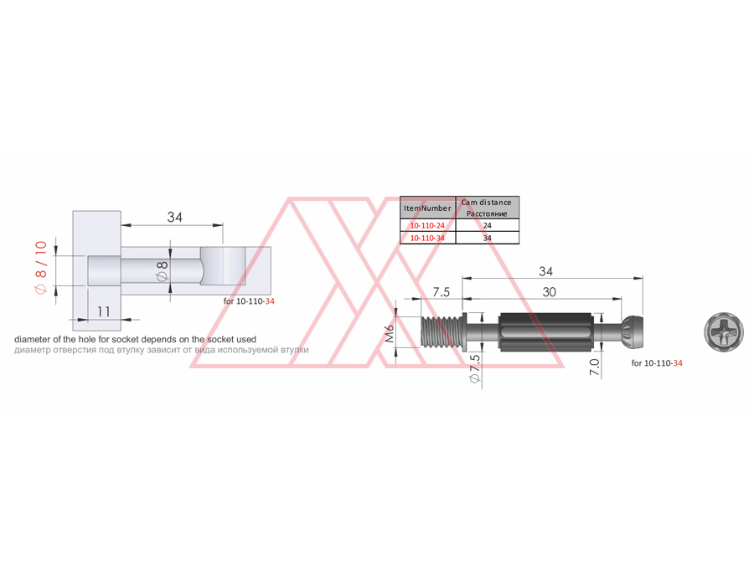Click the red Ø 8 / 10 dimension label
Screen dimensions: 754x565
[x=41, y=267]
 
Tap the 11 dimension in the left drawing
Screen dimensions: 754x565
[x=104, y=311]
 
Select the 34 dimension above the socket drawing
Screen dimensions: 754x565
[x=174, y=217]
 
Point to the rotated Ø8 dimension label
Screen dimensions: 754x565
[x=162, y=271]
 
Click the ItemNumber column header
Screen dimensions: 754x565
[x=427, y=208]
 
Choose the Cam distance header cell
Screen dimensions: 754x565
[x=487, y=208]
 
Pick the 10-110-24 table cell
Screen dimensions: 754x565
[x=427, y=225]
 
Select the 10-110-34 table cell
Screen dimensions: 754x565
[x=427, y=238]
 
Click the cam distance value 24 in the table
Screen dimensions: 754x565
[x=487, y=225]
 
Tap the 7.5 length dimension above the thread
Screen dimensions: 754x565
[x=441, y=292]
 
